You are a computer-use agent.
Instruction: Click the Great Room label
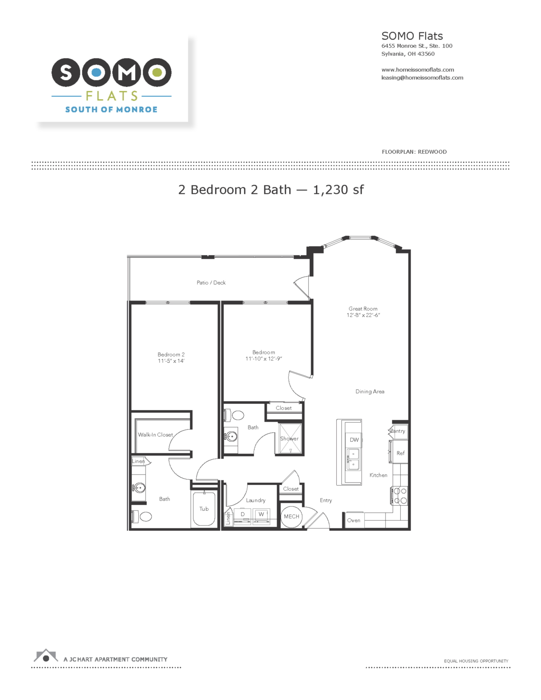[363, 309]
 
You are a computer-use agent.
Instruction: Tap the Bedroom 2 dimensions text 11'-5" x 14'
[171, 361]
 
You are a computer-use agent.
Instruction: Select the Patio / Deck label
[211, 283]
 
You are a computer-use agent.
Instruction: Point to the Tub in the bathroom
[204, 509]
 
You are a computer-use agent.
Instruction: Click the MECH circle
[291, 517]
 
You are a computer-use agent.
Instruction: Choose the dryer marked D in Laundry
[243, 515]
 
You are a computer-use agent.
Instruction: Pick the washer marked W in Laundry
[261, 514]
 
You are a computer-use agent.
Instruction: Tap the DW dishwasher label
[354, 440]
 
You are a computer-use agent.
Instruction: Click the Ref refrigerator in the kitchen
[400, 453]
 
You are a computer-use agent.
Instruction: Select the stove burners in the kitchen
[400, 496]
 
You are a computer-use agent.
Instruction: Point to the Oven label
[353, 520]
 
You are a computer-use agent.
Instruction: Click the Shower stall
[289, 439]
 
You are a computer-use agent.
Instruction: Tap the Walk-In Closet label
[156, 435]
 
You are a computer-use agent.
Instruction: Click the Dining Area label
[370, 392]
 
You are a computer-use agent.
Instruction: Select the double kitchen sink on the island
[353, 459]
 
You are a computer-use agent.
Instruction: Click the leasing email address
[422, 78]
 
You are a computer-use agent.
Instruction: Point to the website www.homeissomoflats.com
[417, 70]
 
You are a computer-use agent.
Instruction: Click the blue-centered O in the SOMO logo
[96, 72]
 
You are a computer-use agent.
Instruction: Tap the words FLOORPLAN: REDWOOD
[414, 152]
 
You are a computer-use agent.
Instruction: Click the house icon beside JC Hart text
[46, 656]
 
